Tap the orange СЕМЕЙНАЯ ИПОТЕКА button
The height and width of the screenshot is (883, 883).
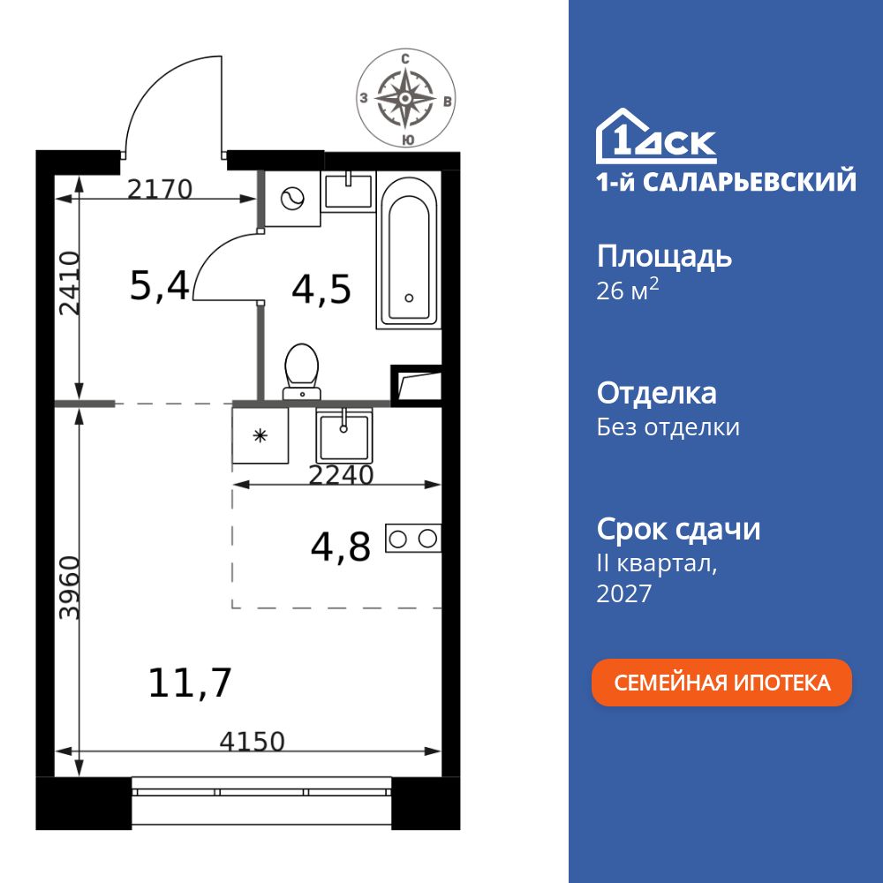[x=721, y=683]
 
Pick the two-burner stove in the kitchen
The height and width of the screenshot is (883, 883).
[x=412, y=538]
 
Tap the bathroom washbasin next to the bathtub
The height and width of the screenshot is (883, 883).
[x=348, y=191]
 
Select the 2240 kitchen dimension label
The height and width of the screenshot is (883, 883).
[x=342, y=475]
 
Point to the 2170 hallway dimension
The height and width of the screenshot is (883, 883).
[x=159, y=189]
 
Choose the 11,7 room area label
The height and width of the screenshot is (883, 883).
[x=190, y=683]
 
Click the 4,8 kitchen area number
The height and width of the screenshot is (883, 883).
[x=341, y=546]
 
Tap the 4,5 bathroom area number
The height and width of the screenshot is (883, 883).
[x=321, y=289]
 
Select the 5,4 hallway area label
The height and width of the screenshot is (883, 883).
[x=159, y=286]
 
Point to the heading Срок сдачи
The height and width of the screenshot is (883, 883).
[x=678, y=529]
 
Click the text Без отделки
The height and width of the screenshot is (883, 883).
[x=668, y=427]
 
